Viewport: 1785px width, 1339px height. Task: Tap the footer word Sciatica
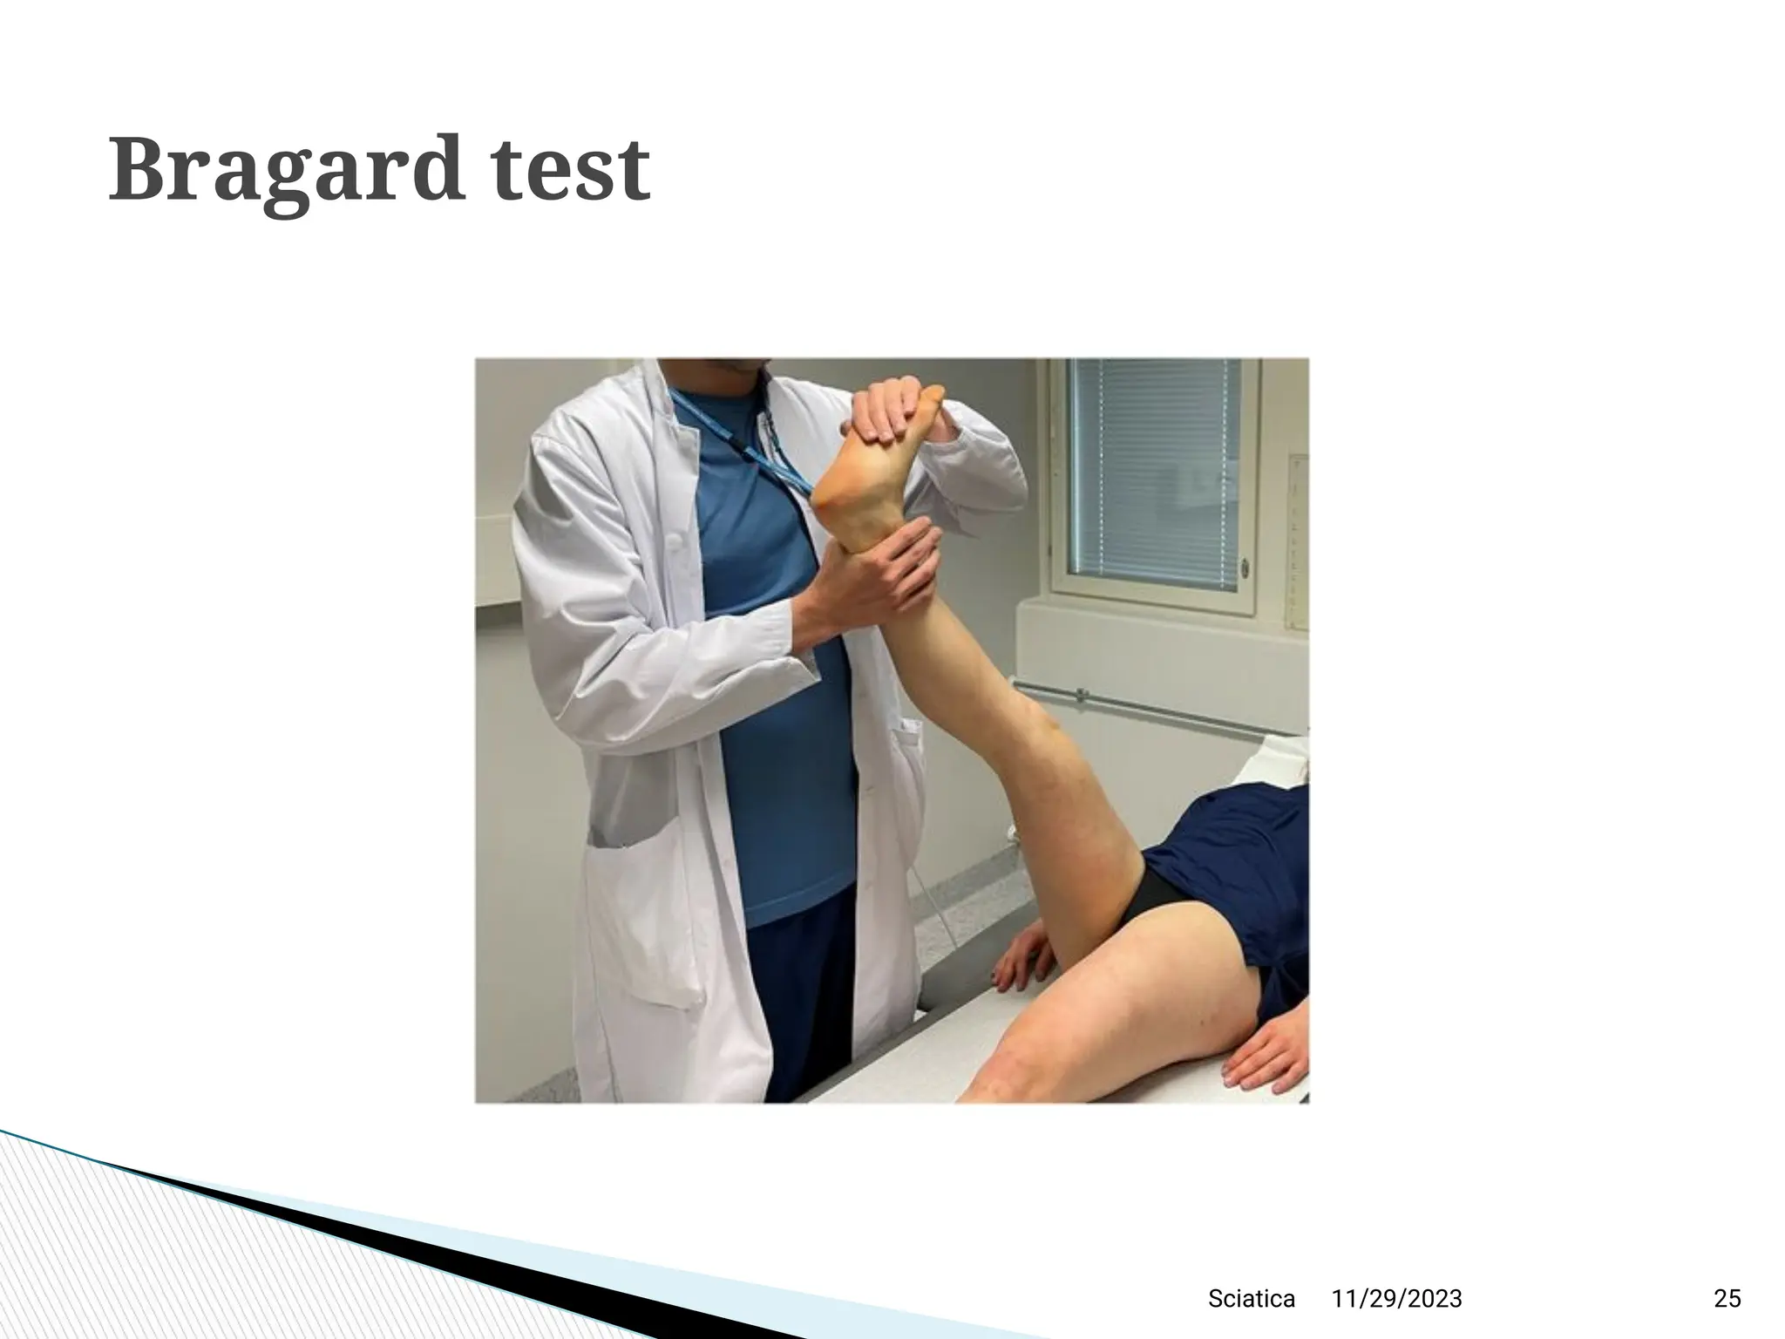coord(1251,1299)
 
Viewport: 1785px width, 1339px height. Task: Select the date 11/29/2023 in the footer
coord(1396,1299)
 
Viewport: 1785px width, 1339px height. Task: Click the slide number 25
coord(1727,1299)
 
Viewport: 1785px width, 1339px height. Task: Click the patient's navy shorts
coord(1238,863)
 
